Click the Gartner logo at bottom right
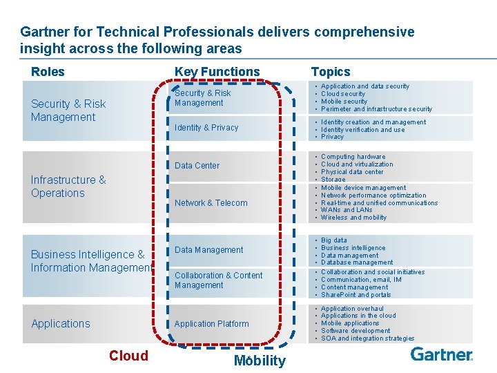pos(442,354)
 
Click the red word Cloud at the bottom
pos(128,356)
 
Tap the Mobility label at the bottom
pos(260,361)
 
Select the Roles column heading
pos(48,72)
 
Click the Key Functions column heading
pos(217,72)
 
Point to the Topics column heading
pos(331,72)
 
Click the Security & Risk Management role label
pos(68,111)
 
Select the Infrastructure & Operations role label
pos(68,186)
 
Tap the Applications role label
pos(61,323)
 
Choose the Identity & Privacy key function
pos(206,128)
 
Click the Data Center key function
pos(197,166)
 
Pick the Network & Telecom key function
pos(211,203)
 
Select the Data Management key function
pos(208,250)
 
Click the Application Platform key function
pos(211,323)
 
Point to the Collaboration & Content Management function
pos(218,280)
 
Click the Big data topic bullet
pos(334,240)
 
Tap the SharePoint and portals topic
pos(355,295)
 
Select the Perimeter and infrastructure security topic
pos(376,109)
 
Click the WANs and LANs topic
pos(347,210)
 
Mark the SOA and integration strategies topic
pos(367,338)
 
